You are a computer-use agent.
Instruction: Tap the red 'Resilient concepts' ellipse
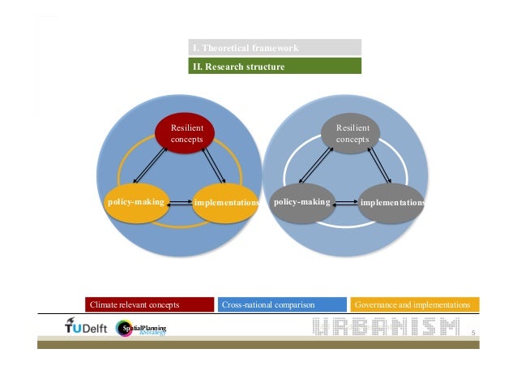(186, 134)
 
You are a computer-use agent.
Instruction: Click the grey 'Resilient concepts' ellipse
(352, 134)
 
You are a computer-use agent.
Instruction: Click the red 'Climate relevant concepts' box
(149, 304)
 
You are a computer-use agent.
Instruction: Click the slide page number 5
(472, 332)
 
